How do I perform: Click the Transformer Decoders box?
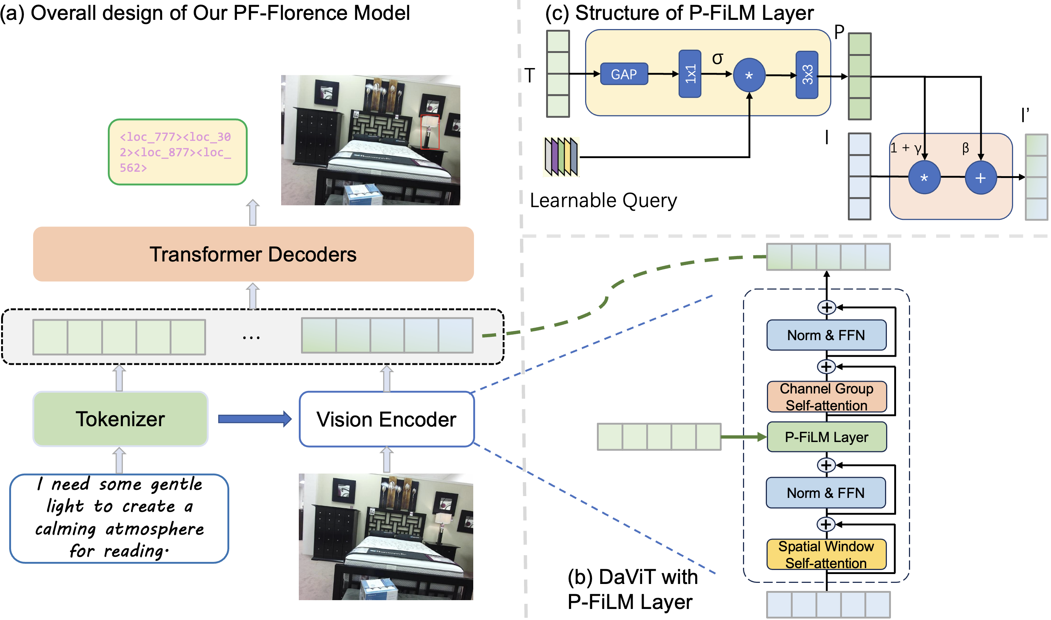(253, 254)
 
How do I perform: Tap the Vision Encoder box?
(386, 419)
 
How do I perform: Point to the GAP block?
(624, 74)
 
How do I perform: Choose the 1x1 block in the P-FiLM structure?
(690, 74)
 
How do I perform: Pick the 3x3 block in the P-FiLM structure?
(807, 75)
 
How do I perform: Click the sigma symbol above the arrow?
(717, 58)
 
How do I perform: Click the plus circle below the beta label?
(980, 178)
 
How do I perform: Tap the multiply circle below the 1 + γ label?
(924, 178)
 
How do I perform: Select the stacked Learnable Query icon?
(561, 157)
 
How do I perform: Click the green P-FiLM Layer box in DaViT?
(827, 437)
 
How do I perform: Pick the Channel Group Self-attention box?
(827, 397)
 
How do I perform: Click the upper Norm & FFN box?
(827, 335)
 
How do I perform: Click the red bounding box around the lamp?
(430, 132)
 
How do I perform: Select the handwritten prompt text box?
(119, 518)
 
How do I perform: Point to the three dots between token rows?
(251, 337)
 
